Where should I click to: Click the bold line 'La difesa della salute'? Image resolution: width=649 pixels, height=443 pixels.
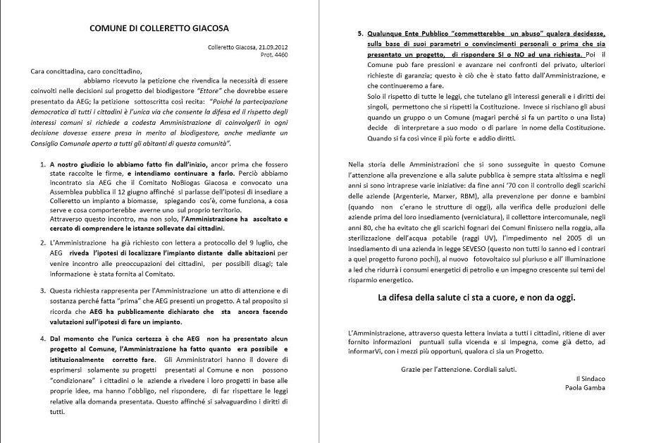click(476, 297)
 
